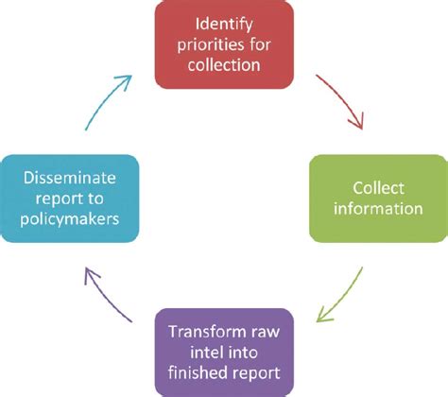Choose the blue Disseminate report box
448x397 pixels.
(x=71, y=197)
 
